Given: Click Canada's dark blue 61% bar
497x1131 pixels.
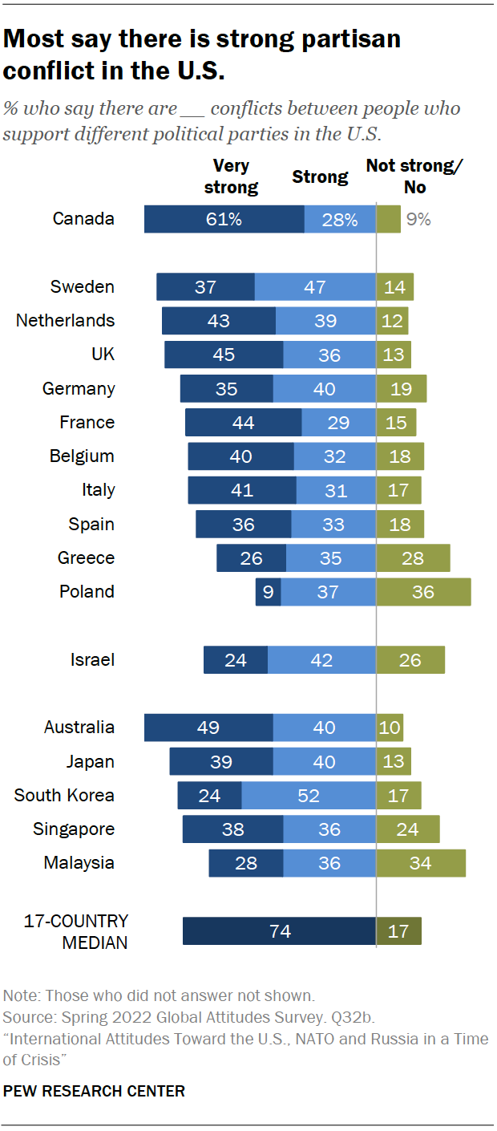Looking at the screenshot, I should pos(224,219).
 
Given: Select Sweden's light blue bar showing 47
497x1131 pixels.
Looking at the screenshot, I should pos(315,287).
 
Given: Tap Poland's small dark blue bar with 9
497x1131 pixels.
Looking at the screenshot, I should pos(268,592).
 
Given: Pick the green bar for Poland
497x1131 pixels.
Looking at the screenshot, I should pos(423,592).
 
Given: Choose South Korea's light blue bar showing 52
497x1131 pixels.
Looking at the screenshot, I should pos(309,796).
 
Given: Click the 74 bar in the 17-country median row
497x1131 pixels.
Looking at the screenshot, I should pos(279,931).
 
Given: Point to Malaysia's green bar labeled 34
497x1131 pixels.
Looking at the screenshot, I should pos(421,863).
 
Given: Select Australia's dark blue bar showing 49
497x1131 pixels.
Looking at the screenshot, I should pos(208,728).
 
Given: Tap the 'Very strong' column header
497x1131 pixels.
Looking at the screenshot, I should pos(231,176).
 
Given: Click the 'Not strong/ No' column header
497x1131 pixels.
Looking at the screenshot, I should pos(415,176).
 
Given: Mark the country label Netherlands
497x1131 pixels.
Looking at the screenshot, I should pos(66,321).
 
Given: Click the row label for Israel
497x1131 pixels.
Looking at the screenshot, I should pos(92,660).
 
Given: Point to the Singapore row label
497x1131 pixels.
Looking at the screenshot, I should pos(74,829).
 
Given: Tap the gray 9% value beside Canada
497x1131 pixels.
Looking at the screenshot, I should pos(418,219).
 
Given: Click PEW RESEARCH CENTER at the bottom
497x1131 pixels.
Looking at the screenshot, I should pos(95,1091).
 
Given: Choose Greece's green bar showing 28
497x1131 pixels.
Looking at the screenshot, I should pos(413,558).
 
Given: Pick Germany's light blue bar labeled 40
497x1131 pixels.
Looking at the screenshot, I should pos(324,389).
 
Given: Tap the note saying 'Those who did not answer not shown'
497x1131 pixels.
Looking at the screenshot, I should pos(180,995).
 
